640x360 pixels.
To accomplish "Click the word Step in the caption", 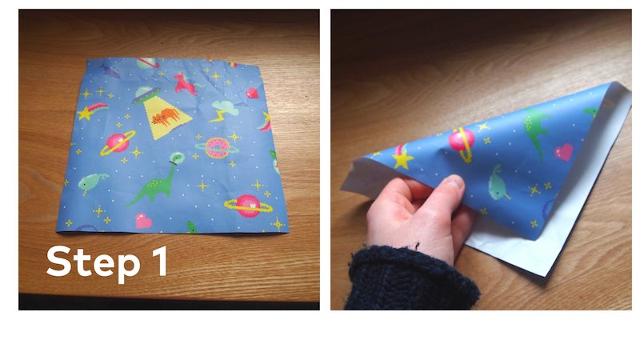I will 95,262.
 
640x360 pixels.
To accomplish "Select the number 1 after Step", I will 158,262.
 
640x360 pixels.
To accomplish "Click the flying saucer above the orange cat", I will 146,95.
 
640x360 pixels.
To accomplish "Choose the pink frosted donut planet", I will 217,148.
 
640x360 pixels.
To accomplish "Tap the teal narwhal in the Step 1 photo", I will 95,183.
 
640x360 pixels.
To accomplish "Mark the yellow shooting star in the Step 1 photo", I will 88,111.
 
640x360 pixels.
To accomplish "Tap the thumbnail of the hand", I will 454,186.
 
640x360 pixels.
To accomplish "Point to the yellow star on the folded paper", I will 402,158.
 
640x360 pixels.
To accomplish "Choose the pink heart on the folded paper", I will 564,151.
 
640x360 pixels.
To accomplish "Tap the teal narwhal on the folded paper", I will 498,183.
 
